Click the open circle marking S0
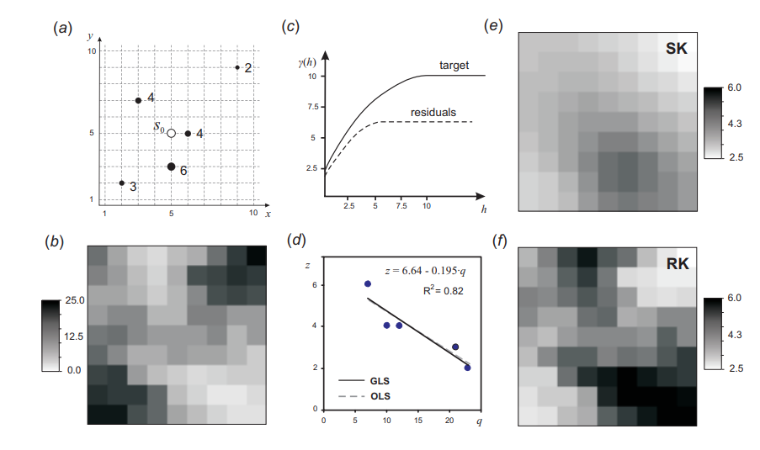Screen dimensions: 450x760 tap(171, 133)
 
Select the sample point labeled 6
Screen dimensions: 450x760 tap(171, 167)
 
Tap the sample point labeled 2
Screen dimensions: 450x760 tap(237, 67)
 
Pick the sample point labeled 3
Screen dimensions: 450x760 tap(122, 183)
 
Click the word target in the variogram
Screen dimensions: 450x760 tap(454, 65)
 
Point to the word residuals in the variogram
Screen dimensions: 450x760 tap(433, 112)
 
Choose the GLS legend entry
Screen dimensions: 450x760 tap(379, 381)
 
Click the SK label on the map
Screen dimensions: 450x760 tap(676, 49)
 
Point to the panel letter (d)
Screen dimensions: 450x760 tap(296, 241)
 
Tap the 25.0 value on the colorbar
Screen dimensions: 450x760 tap(73, 300)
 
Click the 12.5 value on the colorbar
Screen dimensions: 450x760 tap(73, 336)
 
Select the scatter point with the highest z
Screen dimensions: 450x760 tap(368, 284)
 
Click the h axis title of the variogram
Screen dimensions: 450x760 tap(483, 207)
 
